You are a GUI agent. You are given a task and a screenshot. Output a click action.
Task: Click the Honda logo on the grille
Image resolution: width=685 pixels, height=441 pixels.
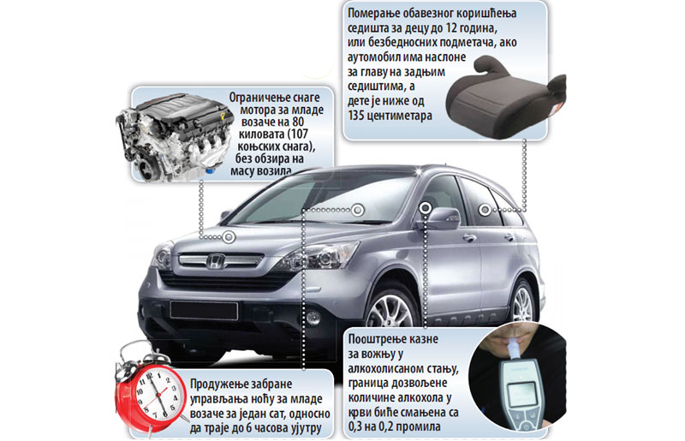(x=216, y=261)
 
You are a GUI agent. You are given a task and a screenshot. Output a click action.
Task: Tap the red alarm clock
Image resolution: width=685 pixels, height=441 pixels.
(x=151, y=388)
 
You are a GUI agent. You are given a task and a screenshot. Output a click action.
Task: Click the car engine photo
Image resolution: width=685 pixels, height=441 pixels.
(x=174, y=137)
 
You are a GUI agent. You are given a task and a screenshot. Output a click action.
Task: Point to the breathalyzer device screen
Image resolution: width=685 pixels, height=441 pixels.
(x=522, y=392)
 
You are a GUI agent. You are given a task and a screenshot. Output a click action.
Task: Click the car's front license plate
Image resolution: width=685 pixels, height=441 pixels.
(x=204, y=310)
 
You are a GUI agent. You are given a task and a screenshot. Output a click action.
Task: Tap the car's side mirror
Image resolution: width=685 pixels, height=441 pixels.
(x=442, y=218)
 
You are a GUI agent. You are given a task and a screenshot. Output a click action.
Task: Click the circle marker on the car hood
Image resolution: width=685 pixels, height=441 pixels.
(x=229, y=237)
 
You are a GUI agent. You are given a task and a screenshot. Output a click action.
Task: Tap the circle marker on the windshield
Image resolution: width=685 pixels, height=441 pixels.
(x=358, y=211)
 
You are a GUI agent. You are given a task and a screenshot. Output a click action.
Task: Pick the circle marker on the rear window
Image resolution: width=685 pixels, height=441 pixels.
(x=485, y=211)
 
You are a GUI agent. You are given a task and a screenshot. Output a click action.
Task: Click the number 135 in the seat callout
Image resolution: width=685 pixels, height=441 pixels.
(x=357, y=116)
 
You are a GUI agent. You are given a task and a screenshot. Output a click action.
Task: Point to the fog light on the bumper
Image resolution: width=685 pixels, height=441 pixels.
(x=313, y=318)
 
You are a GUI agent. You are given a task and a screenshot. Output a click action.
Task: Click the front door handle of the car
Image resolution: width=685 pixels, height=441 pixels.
(x=469, y=238)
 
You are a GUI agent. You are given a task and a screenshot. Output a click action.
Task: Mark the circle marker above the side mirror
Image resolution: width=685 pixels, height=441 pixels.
(x=426, y=208)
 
